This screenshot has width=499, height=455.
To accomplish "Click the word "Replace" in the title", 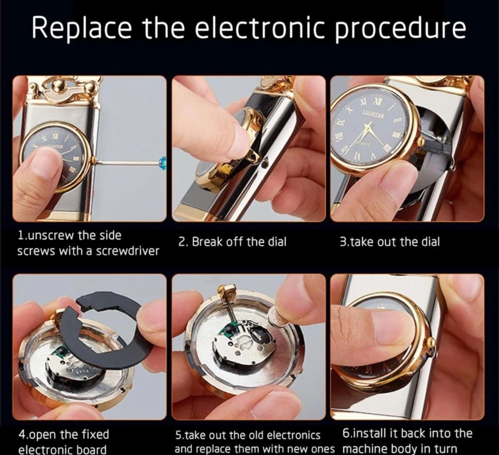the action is tap(81, 28).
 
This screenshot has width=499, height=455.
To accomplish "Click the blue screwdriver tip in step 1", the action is tap(164, 162).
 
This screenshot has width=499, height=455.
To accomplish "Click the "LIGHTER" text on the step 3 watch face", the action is tap(373, 114).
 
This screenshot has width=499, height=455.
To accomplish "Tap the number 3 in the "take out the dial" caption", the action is tap(343, 242).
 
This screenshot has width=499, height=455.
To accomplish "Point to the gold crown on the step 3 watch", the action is tap(421, 141).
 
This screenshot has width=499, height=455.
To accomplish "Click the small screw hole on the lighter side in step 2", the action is tap(263, 165).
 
